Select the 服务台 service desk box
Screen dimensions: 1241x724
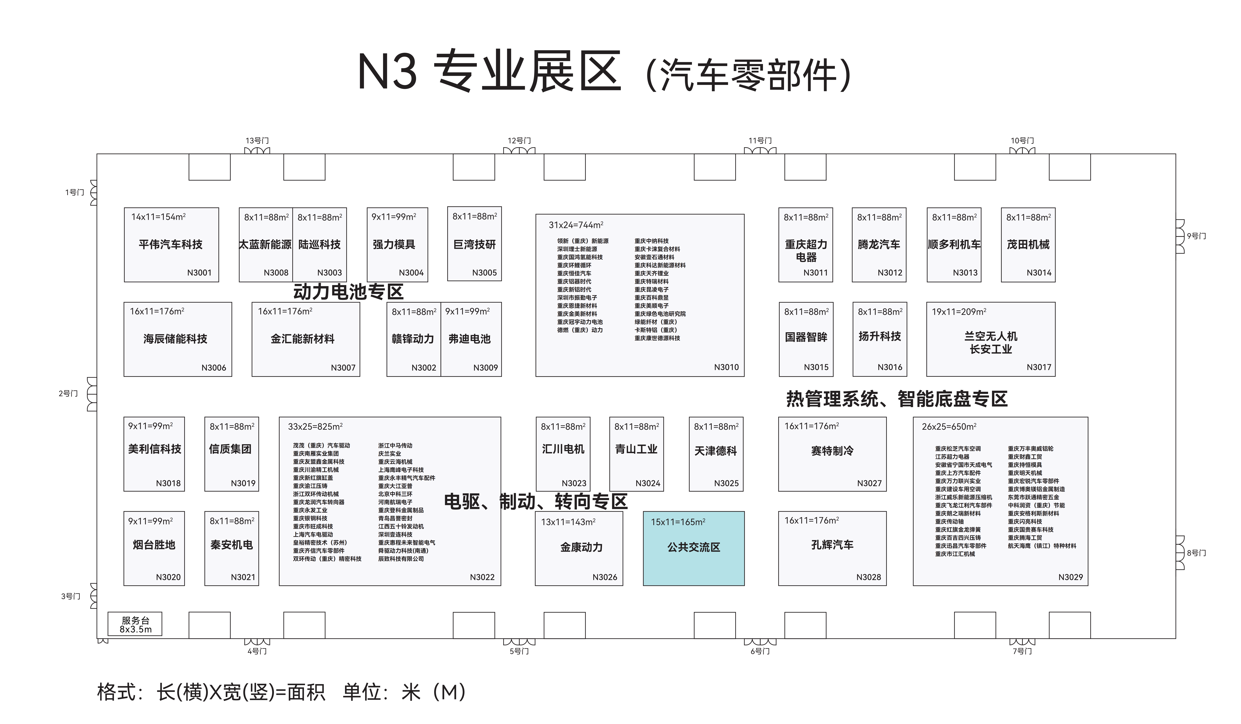click(x=135, y=624)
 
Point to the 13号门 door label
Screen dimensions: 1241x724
click(x=257, y=141)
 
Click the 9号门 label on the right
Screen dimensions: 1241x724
click(x=1196, y=236)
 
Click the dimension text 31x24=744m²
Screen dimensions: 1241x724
click(x=576, y=225)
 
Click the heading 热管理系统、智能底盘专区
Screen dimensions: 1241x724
click(x=897, y=399)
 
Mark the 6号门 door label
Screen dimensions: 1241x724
click(x=760, y=651)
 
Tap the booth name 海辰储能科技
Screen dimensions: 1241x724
click(x=175, y=339)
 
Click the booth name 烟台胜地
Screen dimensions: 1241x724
click(x=154, y=545)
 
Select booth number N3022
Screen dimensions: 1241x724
click(x=482, y=577)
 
